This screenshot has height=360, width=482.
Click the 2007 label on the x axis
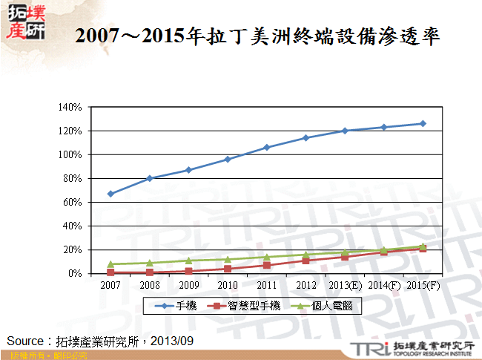point(110,285)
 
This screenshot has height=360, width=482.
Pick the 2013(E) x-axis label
point(345,285)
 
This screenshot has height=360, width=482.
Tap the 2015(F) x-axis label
point(423,285)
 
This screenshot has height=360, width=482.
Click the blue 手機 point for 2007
point(110,194)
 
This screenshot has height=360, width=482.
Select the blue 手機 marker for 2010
point(228,159)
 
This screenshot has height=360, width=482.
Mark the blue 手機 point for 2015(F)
point(423,123)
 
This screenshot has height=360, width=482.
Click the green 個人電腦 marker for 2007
point(110,264)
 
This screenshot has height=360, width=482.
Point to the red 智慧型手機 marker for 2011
point(267,265)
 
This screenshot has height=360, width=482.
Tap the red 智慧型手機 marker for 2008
point(150,272)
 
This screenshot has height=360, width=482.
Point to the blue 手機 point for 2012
point(306,138)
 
